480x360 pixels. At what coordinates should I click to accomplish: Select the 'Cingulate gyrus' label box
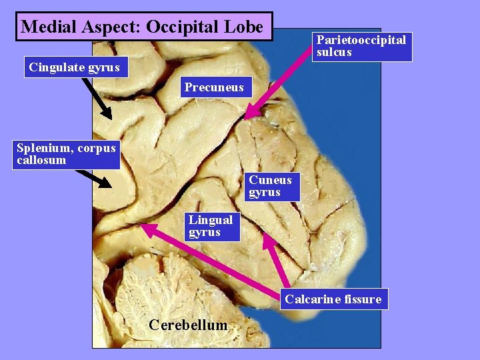point(75,67)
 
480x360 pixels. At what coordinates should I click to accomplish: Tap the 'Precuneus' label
point(215,87)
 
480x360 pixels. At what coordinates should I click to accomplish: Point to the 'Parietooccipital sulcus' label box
point(361,46)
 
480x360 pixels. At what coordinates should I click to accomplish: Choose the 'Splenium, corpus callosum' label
point(66,154)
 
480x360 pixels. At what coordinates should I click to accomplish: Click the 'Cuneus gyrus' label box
point(271,186)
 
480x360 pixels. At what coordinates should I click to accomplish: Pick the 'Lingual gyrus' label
point(211,226)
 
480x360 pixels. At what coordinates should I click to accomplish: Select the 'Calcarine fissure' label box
point(333,299)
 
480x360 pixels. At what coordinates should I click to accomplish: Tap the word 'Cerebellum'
point(188,325)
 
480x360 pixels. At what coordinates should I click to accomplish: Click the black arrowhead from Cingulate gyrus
point(107,115)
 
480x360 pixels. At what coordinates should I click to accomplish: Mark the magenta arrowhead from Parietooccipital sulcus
point(249,115)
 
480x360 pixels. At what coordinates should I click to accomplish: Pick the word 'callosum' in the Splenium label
point(41,160)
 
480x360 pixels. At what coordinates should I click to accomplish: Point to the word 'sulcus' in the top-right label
point(334,52)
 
